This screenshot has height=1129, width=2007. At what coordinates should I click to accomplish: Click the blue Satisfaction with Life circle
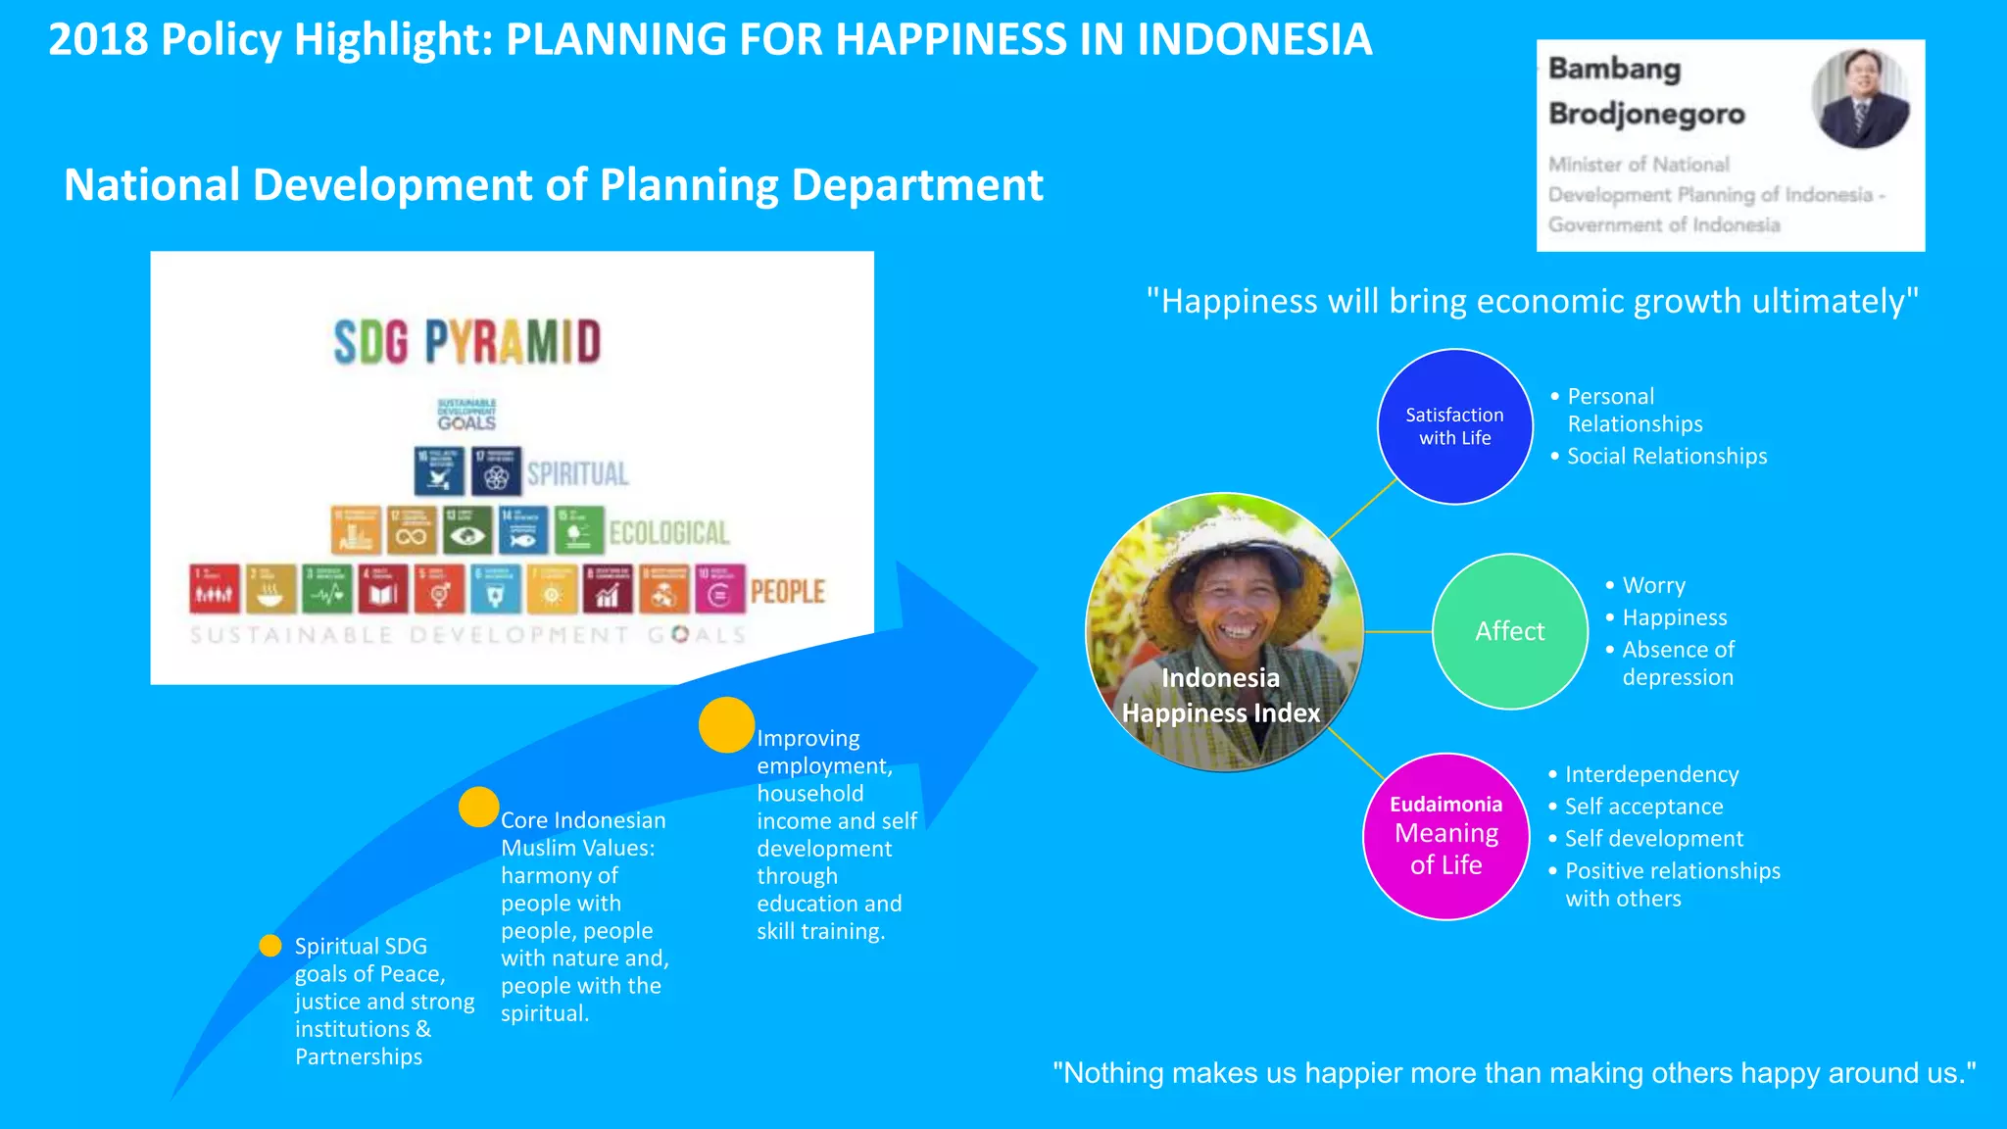tap(1454, 426)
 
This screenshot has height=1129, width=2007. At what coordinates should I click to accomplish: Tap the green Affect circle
tap(1509, 631)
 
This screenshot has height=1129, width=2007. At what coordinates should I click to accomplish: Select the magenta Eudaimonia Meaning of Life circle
tap(1445, 836)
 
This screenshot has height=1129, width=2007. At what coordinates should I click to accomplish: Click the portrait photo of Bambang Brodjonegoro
tap(1859, 98)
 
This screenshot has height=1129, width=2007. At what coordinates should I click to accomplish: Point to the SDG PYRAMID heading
tap(466, 342)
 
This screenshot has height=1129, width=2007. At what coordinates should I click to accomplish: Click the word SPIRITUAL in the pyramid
tap(577, 474)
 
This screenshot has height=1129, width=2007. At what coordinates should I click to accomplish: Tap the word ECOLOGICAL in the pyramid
tap(669, 533)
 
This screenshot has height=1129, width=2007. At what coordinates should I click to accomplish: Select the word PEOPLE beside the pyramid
tap(787, 592)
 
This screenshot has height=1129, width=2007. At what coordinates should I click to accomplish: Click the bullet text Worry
tap(1653, 586)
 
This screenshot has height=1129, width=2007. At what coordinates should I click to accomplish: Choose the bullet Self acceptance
tap(1643, 807)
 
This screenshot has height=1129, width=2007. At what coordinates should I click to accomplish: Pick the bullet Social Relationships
tap(1666, 457)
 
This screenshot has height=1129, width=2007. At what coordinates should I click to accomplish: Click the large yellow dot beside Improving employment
tap(726, 724)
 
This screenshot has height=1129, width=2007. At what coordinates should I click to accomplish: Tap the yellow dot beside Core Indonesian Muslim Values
tap(479, 807)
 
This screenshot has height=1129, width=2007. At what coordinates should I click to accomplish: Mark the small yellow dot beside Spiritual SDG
tap(270, 945)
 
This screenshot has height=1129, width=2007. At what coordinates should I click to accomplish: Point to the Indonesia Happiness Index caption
tap(1221, 696)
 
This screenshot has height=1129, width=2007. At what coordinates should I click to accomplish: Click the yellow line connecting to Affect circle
tap(1397, 632)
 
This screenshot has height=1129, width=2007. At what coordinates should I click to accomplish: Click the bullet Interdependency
tap(1651, 774)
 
